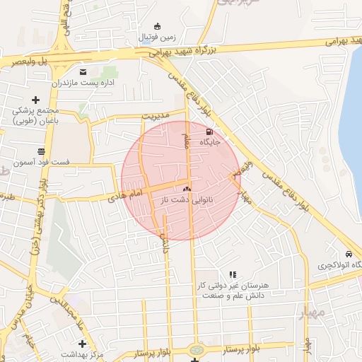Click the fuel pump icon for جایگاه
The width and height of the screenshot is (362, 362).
point(209,132)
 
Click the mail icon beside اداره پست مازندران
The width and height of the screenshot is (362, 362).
point(83,72)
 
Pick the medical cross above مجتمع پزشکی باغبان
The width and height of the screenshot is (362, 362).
point(35,100)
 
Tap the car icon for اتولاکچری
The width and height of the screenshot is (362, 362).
point(349,255)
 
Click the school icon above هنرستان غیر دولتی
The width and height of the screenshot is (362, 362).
point(232,274)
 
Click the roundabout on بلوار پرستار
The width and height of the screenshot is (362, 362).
point(196,349)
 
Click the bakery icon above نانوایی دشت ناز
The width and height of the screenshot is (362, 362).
point(187,189)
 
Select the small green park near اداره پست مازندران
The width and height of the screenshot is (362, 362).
point(109,72)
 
